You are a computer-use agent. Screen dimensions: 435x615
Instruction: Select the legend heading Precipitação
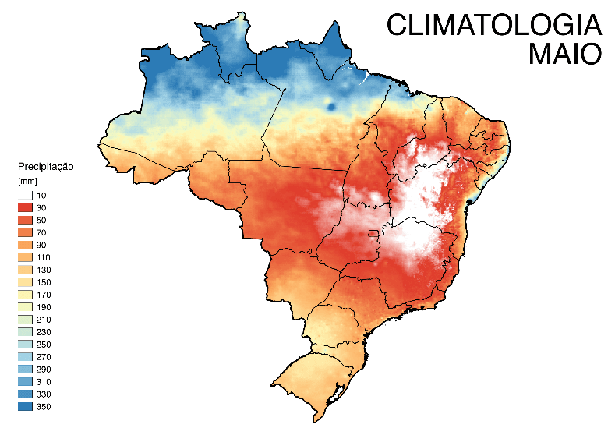click(45, 167)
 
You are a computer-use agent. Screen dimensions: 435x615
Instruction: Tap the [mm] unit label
click(27, 181)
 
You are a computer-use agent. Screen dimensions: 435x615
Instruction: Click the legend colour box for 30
click(25, 207)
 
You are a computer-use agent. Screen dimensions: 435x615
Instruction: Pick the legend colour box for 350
click(25, 406)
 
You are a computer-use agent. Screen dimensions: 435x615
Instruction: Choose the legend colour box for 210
click(25, 320)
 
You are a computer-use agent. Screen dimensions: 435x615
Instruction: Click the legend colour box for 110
click(25, 257)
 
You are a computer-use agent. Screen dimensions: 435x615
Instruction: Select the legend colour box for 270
click(25, 356)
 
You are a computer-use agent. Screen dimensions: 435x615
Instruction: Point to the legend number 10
click(41, 195)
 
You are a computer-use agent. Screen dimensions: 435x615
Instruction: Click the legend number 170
click(44, 295)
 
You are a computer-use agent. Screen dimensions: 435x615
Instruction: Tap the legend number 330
click(44, 394)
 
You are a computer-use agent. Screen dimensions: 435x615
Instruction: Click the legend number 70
click(41, 232)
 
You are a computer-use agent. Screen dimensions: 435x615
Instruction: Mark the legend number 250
click(44, 344)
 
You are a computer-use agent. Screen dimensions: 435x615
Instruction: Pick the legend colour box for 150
click(25, 282)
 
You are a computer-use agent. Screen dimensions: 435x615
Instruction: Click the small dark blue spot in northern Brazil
click(332, 106)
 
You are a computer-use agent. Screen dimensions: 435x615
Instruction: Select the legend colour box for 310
click(25, 381)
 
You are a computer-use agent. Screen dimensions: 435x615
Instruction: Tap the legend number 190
click(44, 307)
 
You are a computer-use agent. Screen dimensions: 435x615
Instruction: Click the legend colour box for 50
click(25, 220)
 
